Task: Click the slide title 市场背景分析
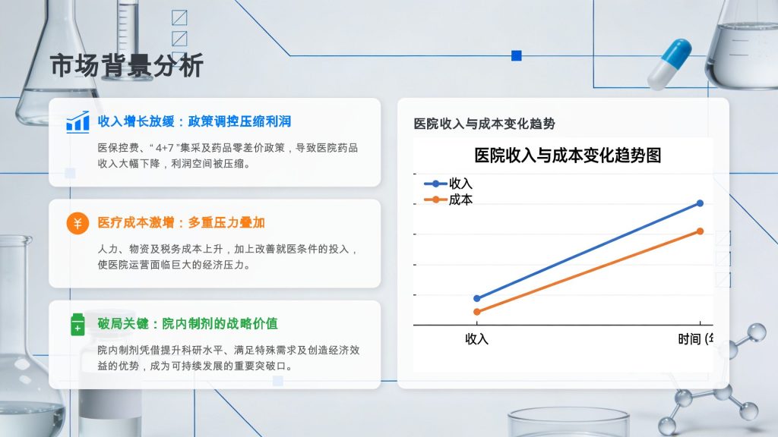pyautogui.click(x=127, y=65)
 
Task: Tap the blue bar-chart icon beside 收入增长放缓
pyautogui.click(x=78, y=122)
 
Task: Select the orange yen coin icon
pyautogui.click(x=77, y=224)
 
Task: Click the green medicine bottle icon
pyautogui.click(x=77, y=325)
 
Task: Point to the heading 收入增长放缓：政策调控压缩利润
pyautogui.click(x=194, y=121)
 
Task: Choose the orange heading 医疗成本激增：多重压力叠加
pyautogui.click(x=181, y=222)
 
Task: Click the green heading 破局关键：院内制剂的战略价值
pyautogui.click(x=188, y=323)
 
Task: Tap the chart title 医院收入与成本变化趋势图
pyautogui.click(x=568, y=156)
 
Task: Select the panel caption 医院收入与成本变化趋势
pyautogui.click(x=484, y=124)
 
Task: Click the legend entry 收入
pyautogui.click(x=448, y=184)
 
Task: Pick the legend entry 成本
pyautogui.click(x=448, y=200)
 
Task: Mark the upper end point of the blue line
pyautogui.click(x=700, y=203)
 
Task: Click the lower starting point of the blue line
pyautogui.click(x=477, y=298)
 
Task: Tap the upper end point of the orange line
pyautogui.click(x=700, y=231)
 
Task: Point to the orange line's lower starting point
pyautogui.click(x=477, y=312)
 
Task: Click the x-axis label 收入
pyautogui.click(x=477, y=339)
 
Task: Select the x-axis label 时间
pyautogui.click(x=690, y=339)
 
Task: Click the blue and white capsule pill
pyautogui.click(x=670, y=64)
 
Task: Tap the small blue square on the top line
pyautogui.click(x=517, y=55)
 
